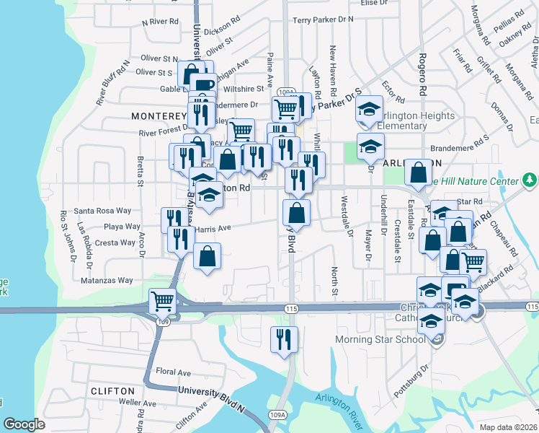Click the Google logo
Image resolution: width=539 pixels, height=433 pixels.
coord(24,424)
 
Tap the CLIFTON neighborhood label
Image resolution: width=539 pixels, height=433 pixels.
coord(112,390)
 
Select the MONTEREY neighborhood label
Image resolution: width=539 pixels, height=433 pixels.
coord(159,115)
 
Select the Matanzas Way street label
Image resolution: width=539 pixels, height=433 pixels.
coord(107,280)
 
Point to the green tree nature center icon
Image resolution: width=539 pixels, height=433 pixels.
coord(530,178)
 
